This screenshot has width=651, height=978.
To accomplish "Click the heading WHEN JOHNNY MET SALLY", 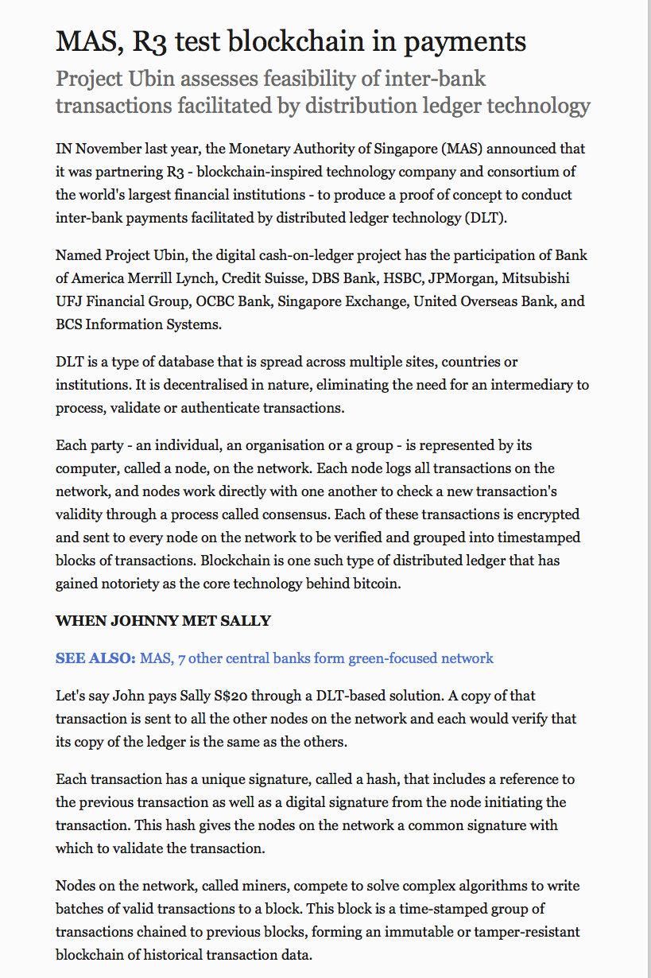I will (163, 621).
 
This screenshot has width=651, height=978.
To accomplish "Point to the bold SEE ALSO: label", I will (95, 658).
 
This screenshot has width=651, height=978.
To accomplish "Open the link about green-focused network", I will (316, 658).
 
